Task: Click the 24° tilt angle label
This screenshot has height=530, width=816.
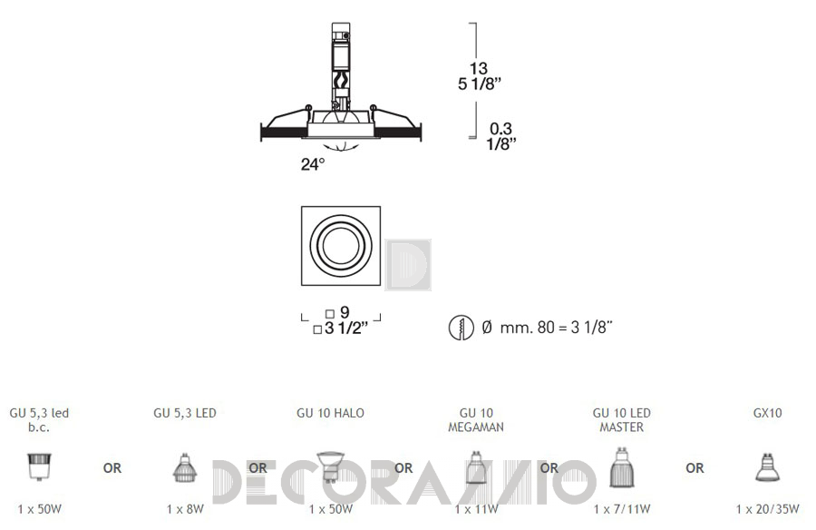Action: pyautogui.click(x=313, y=164)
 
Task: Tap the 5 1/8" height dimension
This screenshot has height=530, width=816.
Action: pyautogui.click(x=480, y=83)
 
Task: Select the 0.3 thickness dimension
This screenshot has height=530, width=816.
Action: pyautogui.click(x=500, y=128)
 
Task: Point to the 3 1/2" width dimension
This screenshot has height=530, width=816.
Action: pyautogui.click(x=345, y=329)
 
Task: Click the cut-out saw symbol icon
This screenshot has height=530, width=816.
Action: pyautogui.click(x=461, y=328)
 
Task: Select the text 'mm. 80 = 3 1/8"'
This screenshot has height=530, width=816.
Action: pyautogui.click(x=556, y=328)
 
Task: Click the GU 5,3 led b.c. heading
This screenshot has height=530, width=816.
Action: pyautogui.click(x=39, y=420)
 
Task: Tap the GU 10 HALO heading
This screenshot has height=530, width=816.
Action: pyautogui.click(x=330, y=413)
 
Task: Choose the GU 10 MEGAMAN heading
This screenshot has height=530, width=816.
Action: pyautogui.click(x=476, y=420)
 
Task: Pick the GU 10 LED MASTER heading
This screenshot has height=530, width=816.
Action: pyautogui.click(x=622, y=420)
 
